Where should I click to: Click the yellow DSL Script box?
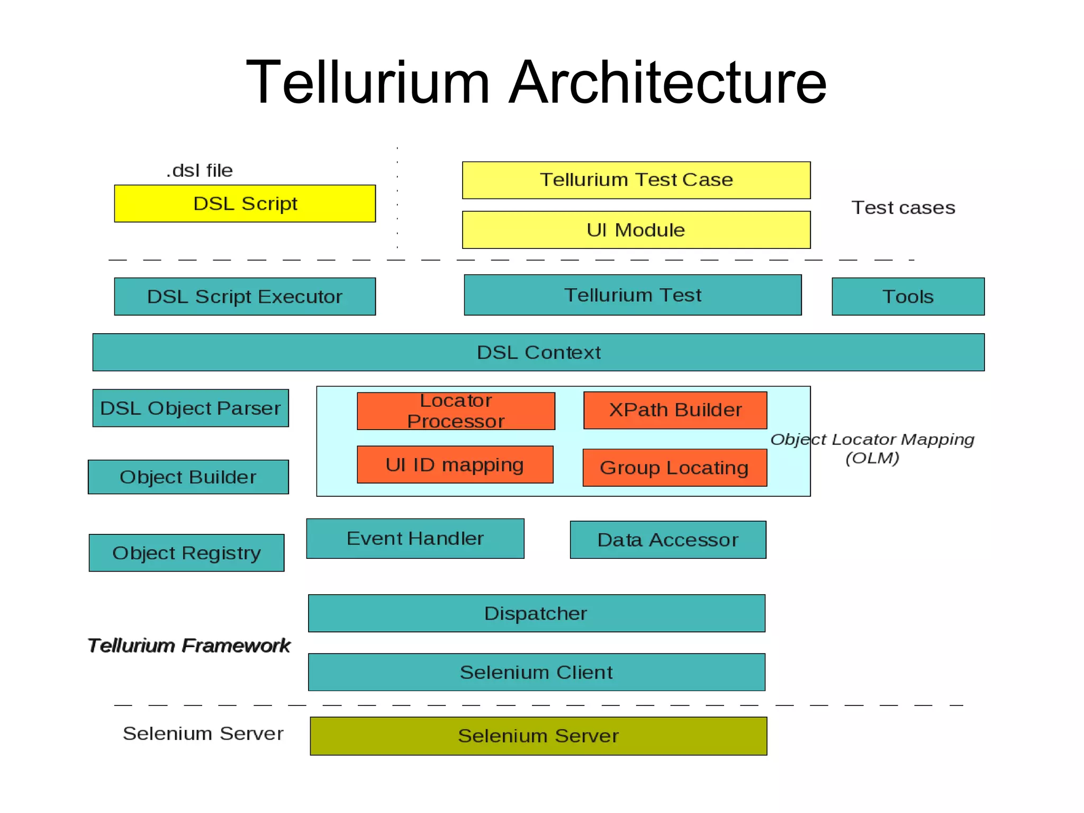[245, 203]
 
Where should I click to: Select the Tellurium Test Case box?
[636, 180]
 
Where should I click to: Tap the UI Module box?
[636, 230]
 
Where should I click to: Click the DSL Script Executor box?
[245, 297]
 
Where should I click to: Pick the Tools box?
[908, 297]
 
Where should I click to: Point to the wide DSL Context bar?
[538, 352]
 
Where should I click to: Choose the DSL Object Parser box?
[191, 408]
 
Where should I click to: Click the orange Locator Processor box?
[456, 411]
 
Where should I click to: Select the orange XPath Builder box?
[675, 410]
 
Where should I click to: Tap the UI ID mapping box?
[455, 464]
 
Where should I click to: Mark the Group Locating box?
[674, 468]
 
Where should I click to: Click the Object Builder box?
[188, 477]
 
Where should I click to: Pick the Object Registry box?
[186, 553]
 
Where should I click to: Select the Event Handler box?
[415, 539]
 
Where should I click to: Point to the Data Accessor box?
[667, 540]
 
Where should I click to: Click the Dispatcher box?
[536, 613]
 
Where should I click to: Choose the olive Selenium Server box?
[538, 736]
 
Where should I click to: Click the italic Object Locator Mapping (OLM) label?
[872, 448]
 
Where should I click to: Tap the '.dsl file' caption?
[200, 171]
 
